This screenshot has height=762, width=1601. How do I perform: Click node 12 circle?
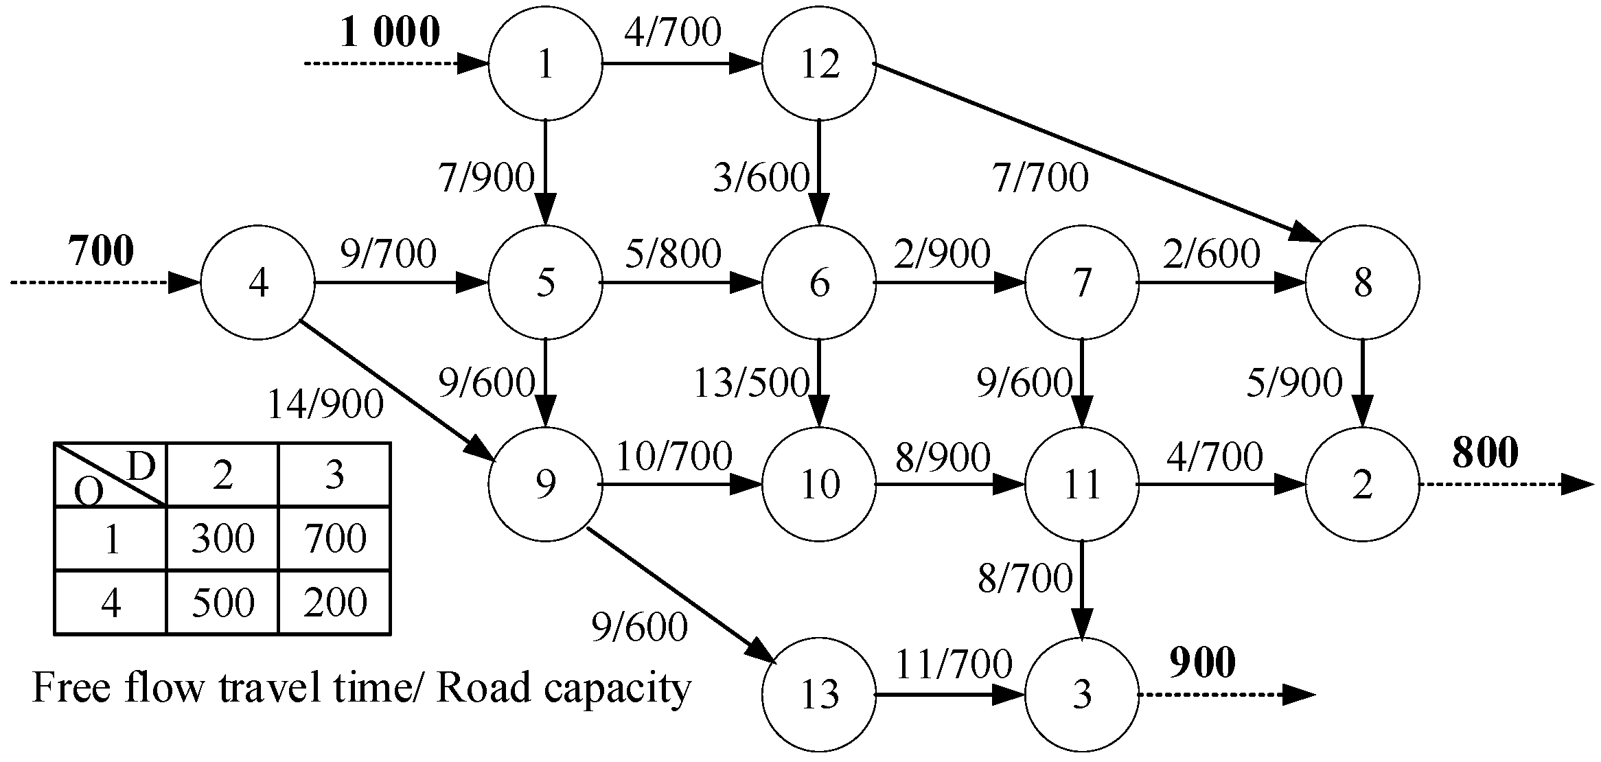819,65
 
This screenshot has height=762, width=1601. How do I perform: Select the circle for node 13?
819,694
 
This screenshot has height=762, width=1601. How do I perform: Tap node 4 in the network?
257,282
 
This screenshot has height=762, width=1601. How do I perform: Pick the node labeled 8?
1363,282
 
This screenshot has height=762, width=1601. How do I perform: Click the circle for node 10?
819,485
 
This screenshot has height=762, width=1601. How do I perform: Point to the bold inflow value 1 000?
390,32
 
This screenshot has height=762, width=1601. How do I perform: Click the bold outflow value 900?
1202,662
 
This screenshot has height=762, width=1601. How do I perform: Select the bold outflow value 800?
1485,452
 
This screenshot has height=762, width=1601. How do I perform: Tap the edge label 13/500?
751,383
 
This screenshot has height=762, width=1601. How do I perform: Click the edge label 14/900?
325,404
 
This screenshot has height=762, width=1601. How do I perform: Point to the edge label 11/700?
954,664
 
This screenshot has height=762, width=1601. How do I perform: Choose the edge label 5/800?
673,253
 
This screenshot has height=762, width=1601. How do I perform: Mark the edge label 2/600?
1211,253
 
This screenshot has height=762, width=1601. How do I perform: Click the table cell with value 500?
222,602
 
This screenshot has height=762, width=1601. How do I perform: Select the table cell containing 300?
222,538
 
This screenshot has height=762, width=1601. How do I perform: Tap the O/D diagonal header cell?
111,475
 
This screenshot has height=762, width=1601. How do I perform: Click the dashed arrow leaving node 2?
1504,485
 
